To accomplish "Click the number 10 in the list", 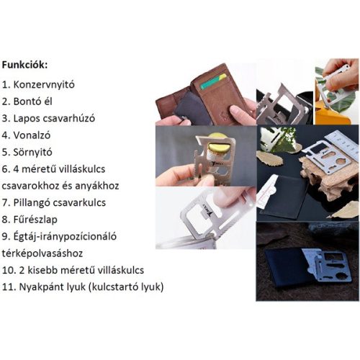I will (x=9, y=271).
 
